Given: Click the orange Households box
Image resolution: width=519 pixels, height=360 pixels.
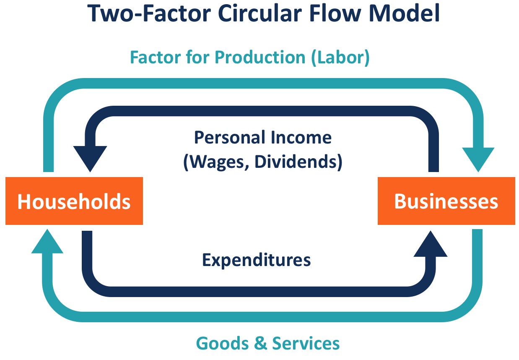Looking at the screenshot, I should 74,201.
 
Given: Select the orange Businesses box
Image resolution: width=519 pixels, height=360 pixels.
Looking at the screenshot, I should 446,201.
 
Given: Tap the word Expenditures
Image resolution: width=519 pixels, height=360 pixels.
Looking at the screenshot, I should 257,260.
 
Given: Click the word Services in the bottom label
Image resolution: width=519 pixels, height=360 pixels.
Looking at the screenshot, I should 306,343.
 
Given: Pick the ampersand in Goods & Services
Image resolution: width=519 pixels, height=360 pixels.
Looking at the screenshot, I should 260,343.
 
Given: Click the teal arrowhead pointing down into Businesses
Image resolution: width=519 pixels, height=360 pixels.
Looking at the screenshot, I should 478,159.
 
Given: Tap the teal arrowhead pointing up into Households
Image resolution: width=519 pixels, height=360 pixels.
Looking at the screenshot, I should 47,242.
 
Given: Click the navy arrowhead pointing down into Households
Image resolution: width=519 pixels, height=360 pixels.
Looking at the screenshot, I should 90,159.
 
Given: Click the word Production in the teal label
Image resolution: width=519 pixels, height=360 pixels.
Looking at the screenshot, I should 261,57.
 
